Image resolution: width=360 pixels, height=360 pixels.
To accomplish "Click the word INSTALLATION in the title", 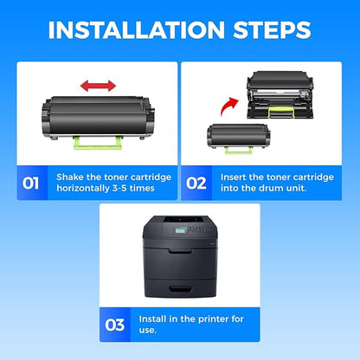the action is [136, 29].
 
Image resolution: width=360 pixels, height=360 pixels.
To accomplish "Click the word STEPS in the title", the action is [272, 29].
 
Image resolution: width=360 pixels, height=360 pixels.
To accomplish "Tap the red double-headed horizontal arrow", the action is [98, 86].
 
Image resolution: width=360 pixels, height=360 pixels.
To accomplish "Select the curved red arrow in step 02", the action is [229, 106].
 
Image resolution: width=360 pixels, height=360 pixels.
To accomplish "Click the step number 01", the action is [30, 183].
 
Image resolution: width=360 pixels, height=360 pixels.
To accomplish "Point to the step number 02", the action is [196, 183].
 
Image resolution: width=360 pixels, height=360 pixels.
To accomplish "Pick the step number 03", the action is [115, 325].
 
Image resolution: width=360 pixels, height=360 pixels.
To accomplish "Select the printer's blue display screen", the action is [180, 230].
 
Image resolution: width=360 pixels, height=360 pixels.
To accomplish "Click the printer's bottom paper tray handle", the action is [180, 288].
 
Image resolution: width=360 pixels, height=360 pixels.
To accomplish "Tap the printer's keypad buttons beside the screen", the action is [198, 229].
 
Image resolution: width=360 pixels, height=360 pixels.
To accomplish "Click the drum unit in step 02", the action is [280, 94].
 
